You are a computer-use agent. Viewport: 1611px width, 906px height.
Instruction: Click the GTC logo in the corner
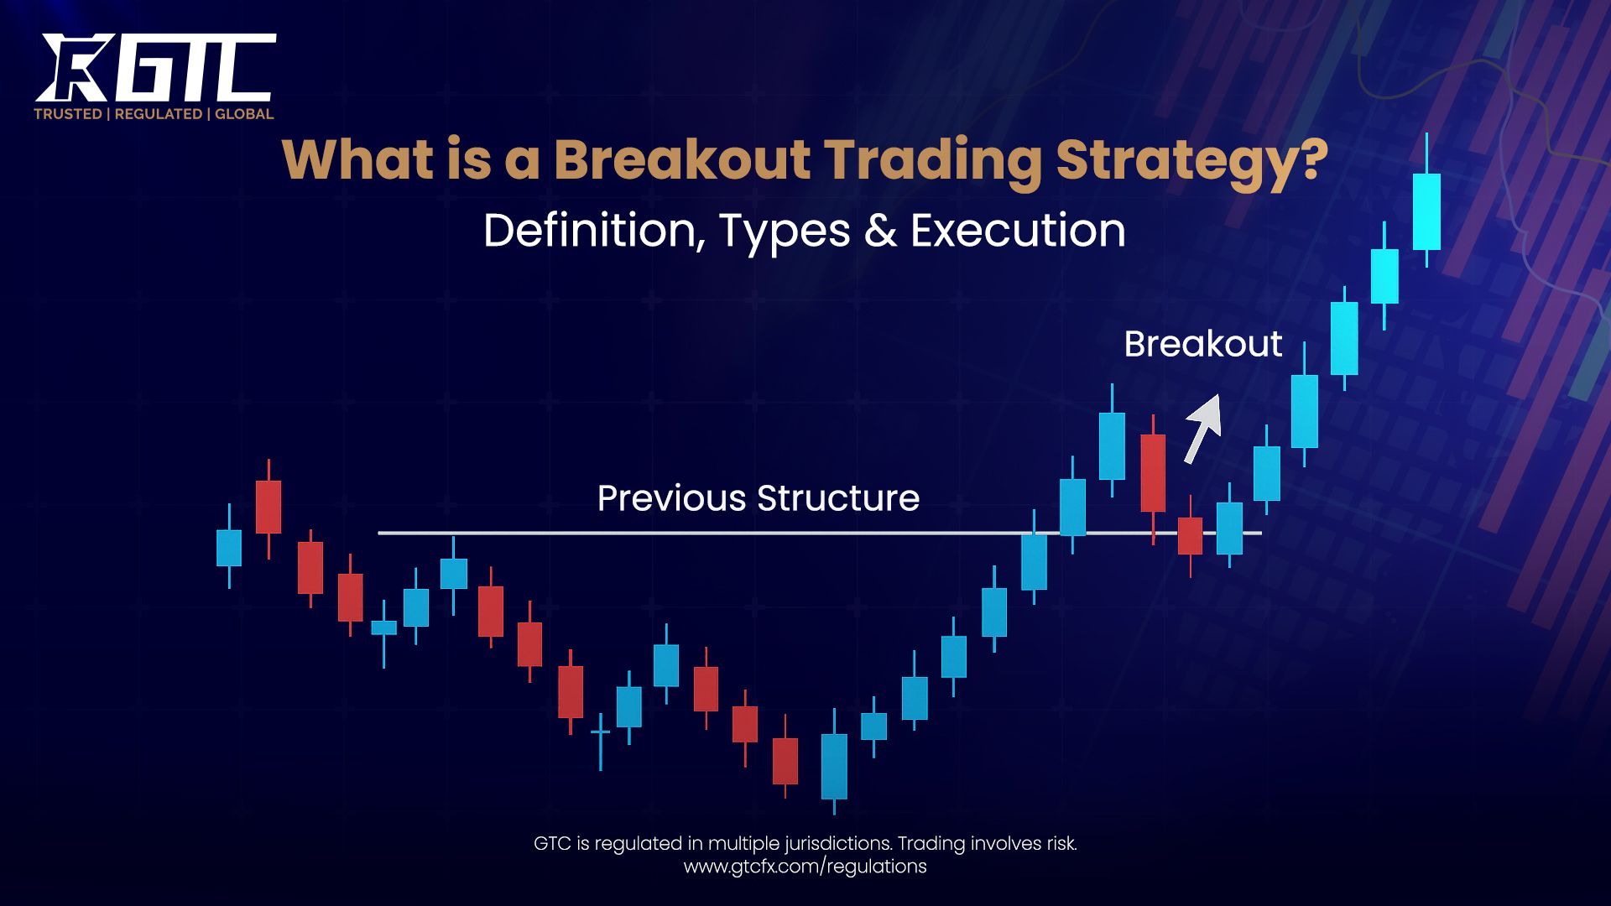click(155, 69)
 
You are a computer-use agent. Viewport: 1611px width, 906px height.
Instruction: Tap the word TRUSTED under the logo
click(68, 114)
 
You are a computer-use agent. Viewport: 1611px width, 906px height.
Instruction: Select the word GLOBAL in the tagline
click(244, 114)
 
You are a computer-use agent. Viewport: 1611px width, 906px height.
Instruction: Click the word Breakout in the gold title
click(681, 159)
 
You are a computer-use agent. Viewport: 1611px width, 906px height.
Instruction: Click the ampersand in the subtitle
click(880, 231)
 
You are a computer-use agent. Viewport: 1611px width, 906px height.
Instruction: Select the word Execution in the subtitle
click(1018, 231)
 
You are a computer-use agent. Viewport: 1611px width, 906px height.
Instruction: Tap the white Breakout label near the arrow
click(1202, 344)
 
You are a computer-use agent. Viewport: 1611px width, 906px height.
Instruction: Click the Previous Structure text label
click(758, 498)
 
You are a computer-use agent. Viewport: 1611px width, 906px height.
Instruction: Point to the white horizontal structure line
click(671, 533)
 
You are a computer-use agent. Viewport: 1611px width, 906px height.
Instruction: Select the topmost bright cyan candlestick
click(1426, 211)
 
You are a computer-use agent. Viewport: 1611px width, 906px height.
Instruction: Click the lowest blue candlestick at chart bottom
click(834, 766)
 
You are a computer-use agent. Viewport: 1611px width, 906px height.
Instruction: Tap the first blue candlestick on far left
click(229, 547)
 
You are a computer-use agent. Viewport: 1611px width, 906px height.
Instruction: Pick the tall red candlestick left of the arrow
click(1153, 472)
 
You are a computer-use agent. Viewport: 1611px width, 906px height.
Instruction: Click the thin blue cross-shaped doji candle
click(601, 732)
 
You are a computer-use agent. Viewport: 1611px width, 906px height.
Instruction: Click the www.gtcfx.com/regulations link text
click(805, 867)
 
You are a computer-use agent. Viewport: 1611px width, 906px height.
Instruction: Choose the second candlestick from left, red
click(268, 506)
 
